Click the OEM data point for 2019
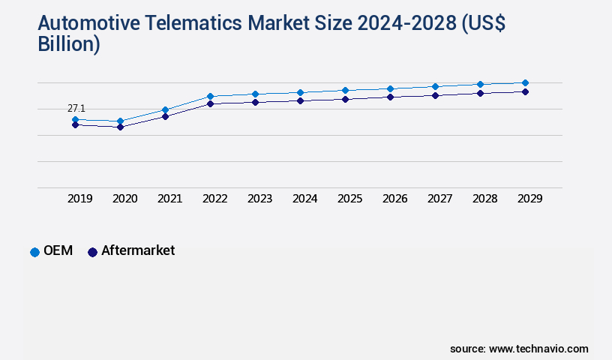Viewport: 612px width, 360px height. tap(75, 119)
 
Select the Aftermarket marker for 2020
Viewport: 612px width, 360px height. tap(120, 127)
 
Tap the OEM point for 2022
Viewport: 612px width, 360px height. tap(210, 96)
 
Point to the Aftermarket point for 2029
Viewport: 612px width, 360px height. tap(525, 91)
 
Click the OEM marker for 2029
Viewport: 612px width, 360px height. tap(525, 82)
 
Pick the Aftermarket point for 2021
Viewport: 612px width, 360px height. tap(165, 116)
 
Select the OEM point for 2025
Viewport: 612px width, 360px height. tap(345, 90)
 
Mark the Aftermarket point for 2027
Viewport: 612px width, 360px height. tap(435, 95)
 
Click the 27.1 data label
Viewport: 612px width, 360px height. tap(76, 109)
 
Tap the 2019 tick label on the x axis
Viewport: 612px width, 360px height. tap(80, 199)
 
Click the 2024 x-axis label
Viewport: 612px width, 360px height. tap(305, 199)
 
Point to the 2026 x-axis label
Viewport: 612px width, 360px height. tap(395, 199)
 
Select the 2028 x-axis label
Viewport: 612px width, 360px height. tap(485, 199)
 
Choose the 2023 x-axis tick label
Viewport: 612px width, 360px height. tap(260, 199)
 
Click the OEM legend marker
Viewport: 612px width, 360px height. tap(34, 252)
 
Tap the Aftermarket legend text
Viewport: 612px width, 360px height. tap(138, 251)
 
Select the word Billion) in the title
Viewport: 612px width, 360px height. tap(69, 44)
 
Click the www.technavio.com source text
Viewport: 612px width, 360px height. tap(538, 349)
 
